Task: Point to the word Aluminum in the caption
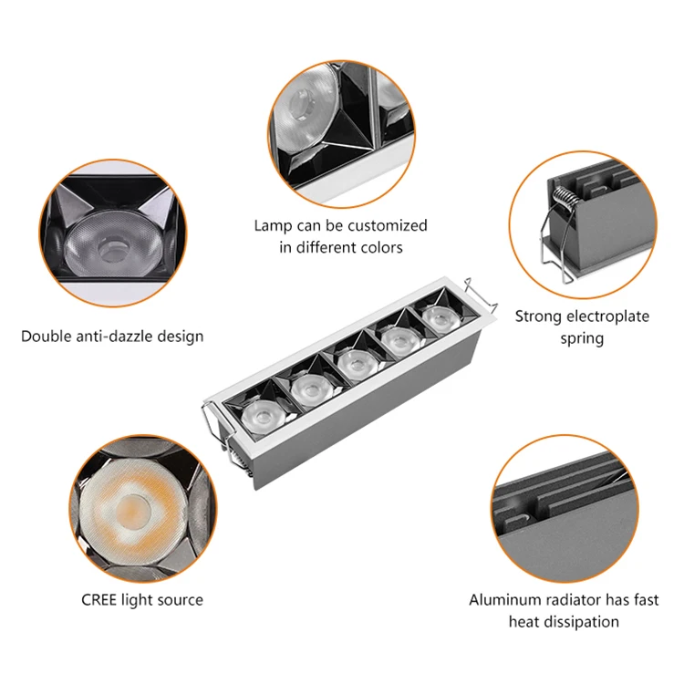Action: tap(501, 599)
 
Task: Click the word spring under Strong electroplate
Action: tap(582, 338)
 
